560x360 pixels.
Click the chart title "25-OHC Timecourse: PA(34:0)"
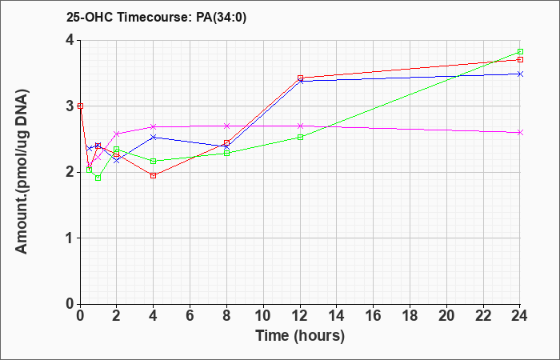click(x=157, y=18)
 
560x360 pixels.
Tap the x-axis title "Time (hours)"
click(x=300, y=336)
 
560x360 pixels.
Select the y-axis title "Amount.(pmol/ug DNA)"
click(x=22, y=172)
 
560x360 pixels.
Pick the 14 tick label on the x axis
click(x=337, y=315)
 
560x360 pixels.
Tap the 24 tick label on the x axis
click(x=520, y=315)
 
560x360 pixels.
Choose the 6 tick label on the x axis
click(x=190, y=315)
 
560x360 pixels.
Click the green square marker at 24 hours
click(x=520, y=51)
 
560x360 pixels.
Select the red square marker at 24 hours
click(x=520, y=60)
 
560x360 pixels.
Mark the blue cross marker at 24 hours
click(x=520, y=74)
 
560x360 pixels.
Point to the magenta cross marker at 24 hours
click(x=520, y=133)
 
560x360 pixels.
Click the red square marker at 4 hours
click(x=154, y=175)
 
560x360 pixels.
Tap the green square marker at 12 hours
click(x=300, y=137)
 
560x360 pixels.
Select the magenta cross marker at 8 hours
click(x=226, y=126)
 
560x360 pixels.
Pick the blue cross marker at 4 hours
click(x=154, y=137)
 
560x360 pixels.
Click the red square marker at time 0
click(x=80, y=106)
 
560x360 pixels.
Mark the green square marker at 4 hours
click(x=154, y=161)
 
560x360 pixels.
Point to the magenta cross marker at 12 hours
click(x=300, y=126)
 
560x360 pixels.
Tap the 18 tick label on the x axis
click(x=410, y=315)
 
